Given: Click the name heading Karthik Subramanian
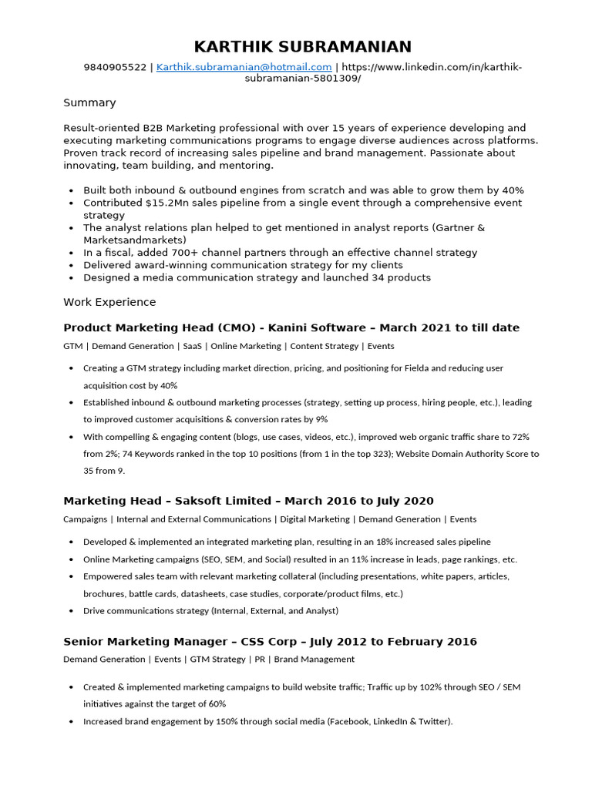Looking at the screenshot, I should click(x=302, y=47).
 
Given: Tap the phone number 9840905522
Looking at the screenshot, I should click(x=115, y=68).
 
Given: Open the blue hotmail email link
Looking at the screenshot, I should click(x=244, y=68).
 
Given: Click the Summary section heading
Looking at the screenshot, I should click(x=89, y=102).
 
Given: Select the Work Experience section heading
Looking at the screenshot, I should click(x=109, y=302).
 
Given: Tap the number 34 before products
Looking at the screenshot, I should click(x=374, y=277).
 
